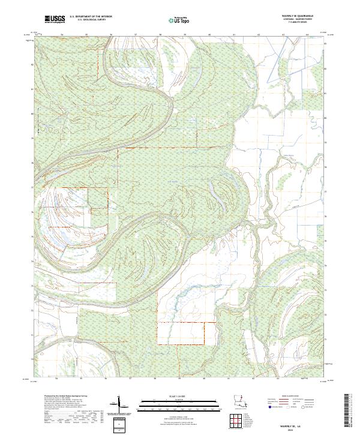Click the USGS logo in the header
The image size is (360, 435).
[x=55, y=20]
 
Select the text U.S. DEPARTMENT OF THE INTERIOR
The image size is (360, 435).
[x=91, y=17]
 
